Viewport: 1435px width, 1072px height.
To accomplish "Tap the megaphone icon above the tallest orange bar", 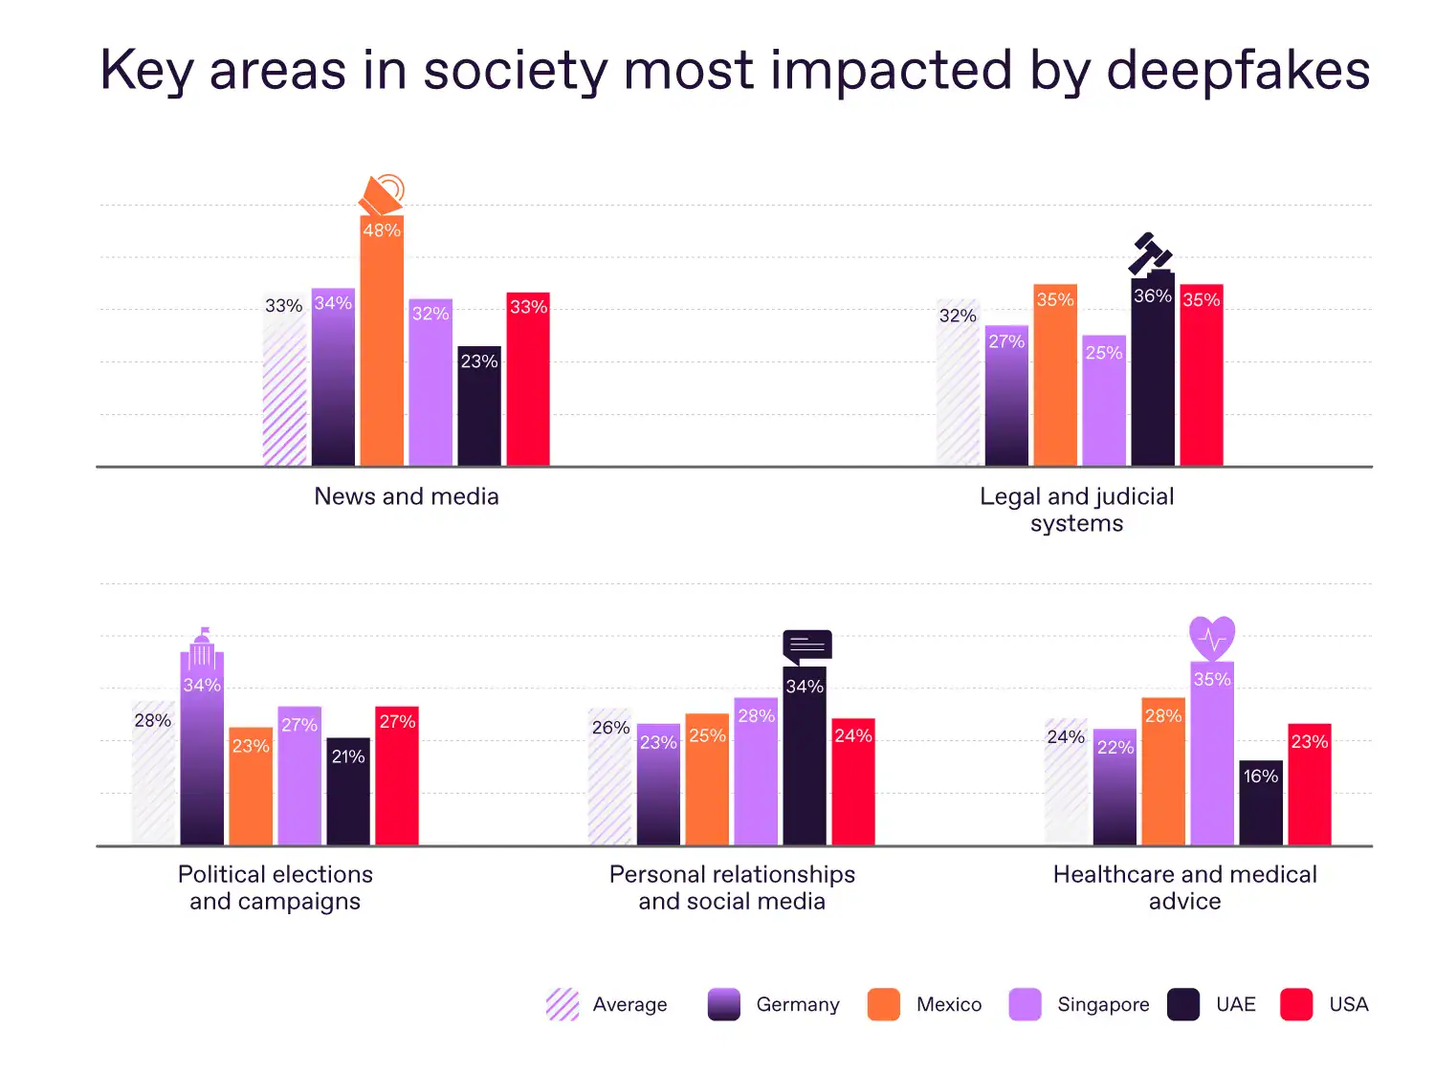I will coord(383,195).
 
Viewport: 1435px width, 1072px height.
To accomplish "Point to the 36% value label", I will coord(1153,296).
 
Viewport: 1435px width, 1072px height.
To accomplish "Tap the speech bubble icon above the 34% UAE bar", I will coord(807,646).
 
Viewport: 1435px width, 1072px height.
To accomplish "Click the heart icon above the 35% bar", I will coord(1212,637).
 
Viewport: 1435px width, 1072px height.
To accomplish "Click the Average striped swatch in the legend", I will coord(563,1005).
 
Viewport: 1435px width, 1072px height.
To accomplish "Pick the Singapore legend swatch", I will coord(1025,1005).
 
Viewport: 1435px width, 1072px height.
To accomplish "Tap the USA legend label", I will coord(1349,1005).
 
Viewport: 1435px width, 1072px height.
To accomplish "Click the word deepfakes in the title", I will coord(1238,70).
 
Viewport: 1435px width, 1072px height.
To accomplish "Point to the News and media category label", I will coord(407,496).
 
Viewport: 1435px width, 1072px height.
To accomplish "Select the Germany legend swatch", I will coord(724,1005).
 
